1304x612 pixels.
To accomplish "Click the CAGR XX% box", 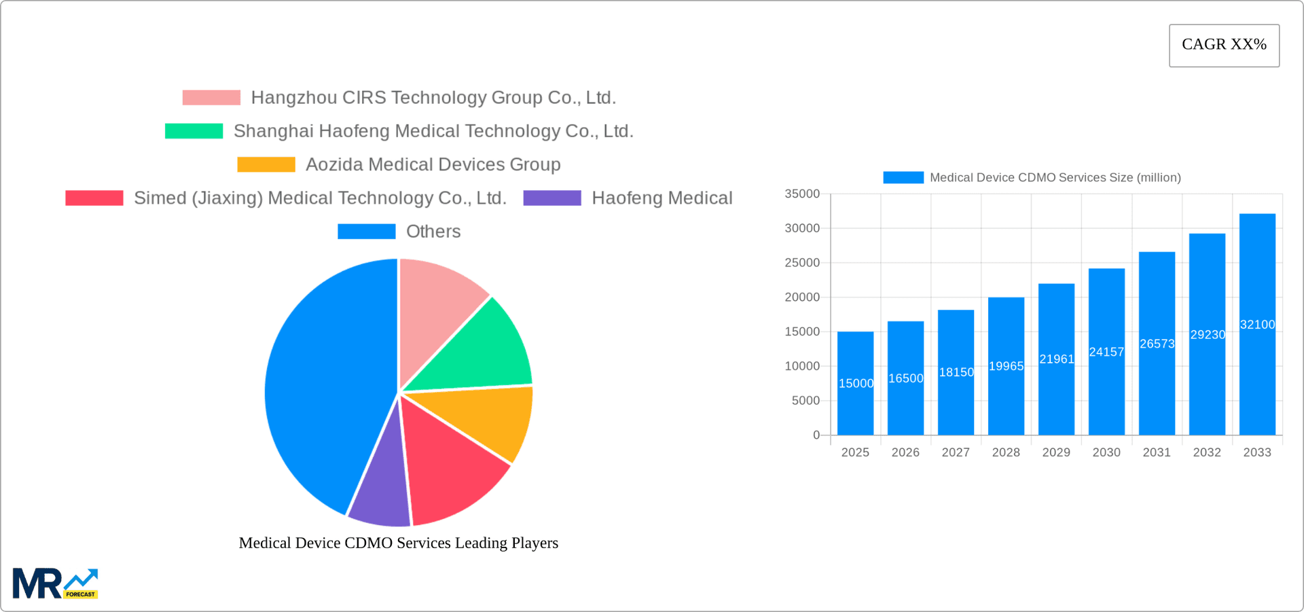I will click(x=1224, y=46).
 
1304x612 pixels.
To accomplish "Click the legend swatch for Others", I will click(x=366, y=232).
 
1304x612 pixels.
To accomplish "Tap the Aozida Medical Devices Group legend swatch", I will click(x=266, y=164).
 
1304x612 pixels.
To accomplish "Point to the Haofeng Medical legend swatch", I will click(x=552, y=198).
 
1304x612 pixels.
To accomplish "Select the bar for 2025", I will click(x=855, y=384).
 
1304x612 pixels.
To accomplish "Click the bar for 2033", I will click(x=1257, y=325).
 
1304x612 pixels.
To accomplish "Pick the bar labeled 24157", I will click(x=1106, y=352).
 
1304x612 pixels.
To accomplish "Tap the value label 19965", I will click(x=1006, y=366).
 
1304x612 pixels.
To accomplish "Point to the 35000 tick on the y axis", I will click(x=802, y=194).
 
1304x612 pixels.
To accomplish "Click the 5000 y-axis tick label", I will click(x=805, y=401).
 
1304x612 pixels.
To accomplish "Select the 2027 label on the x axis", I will click(x=956, y=452).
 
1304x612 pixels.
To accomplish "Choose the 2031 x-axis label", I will click(x=1157, y=452).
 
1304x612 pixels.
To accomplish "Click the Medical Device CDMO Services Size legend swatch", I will click(x=903, y=177).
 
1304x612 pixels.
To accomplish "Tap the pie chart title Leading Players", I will click(x=399, y=543).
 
